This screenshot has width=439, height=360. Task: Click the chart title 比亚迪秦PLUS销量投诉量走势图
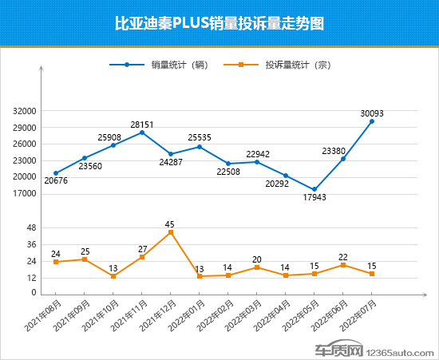pos(219,24)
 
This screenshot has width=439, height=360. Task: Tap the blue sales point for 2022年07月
pos(372,121)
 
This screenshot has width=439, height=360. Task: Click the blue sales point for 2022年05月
pos(314,189)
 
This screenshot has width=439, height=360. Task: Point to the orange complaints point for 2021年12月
pos(171,231)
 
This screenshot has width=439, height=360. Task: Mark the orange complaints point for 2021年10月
pos(113,276)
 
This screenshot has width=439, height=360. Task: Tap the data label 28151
pos(142,124)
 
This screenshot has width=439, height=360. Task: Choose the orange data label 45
pos(170,224)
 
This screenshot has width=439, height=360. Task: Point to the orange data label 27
pos(142,249)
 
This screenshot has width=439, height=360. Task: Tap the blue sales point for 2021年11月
pos(142,133)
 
